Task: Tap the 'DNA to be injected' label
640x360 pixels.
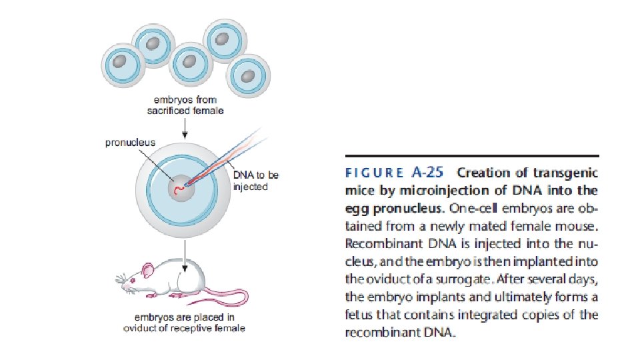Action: point(255,181)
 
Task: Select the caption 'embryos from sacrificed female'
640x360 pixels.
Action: point(185,105)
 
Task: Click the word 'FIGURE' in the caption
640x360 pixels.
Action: point(373,173)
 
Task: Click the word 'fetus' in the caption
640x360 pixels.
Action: point(358,315)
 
